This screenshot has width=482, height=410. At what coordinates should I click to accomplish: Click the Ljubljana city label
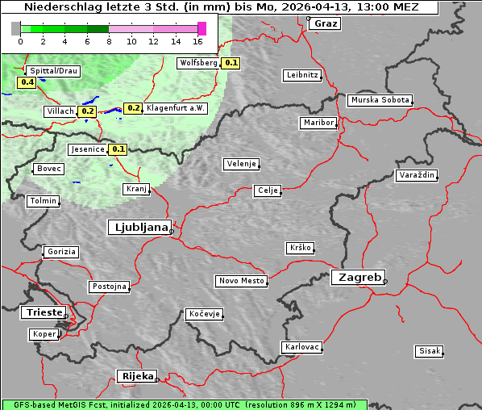pos(139,228)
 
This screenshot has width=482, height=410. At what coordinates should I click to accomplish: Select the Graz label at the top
pos(326,23)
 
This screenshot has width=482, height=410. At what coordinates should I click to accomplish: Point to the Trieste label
pos(41,312)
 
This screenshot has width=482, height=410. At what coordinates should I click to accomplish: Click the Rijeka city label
pos(137,376)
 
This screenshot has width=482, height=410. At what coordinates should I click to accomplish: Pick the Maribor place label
pos(318,123)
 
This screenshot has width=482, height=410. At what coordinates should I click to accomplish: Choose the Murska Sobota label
pos(380,101)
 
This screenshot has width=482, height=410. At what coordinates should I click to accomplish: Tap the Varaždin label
pos(417,175)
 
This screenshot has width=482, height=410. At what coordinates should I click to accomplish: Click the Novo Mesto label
pos(241,281)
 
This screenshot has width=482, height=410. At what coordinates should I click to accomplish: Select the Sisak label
pos(429,351)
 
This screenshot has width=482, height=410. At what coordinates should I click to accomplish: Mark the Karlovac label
pos(302,347)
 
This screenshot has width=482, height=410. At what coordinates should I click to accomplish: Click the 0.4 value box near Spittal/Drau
pos(27,82)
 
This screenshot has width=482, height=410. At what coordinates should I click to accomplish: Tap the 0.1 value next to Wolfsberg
pos(231,63)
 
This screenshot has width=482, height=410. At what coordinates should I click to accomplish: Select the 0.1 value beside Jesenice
pos(118,149)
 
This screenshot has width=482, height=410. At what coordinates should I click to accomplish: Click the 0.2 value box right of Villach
pos(88,111)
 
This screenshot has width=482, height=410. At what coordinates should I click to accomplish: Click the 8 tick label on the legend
pos(109,41)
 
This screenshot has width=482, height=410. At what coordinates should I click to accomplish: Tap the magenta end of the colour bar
pos(202,28)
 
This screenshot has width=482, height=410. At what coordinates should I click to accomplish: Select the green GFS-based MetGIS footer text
pos(184,404)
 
